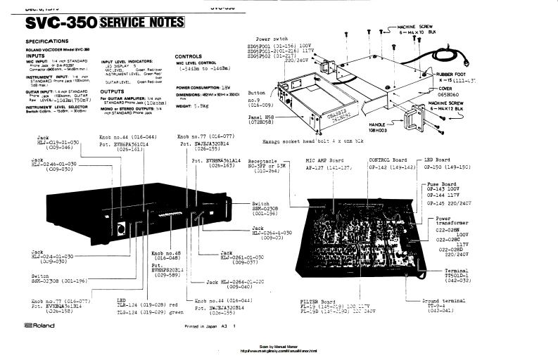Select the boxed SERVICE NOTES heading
[144, 23]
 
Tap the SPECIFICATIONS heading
[47, 42]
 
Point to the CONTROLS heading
[189, 56]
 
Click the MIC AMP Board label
[326, 160]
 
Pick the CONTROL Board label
[388, 160]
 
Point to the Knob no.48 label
[166, 252]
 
